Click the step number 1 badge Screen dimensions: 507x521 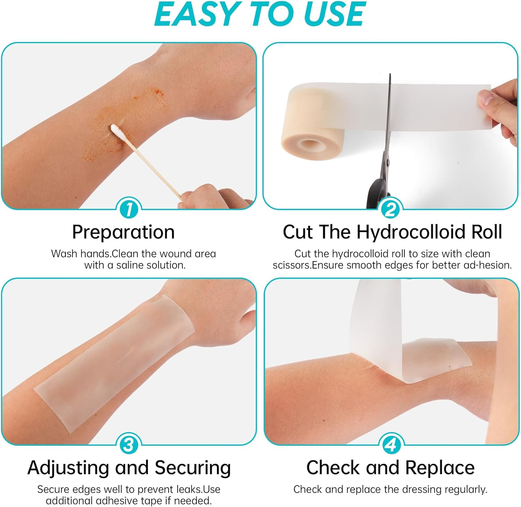pyautogui.click(x=129, y=209)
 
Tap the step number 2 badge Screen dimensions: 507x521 pyautogui.click(x=390, y=209)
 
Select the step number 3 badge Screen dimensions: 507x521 pyautogui.click(x=129, y=445)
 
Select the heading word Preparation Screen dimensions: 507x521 pyautogui.click(x=123, y=232)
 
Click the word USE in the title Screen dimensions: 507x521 pyautogui.click(x=334, y=14)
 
